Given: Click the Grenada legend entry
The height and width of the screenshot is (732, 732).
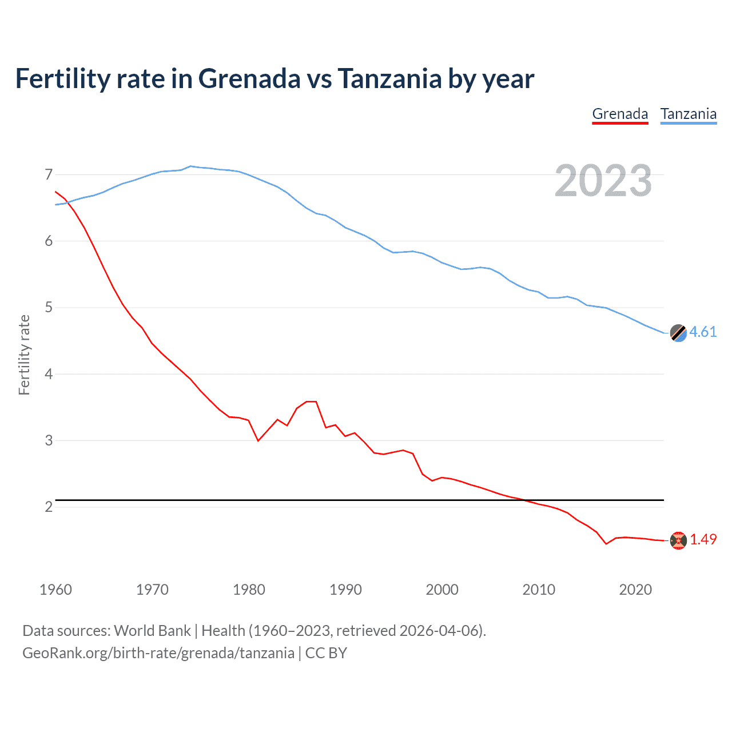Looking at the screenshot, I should [x=620, y=114].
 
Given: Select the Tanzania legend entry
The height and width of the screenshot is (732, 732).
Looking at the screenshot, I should [x=689, y=114].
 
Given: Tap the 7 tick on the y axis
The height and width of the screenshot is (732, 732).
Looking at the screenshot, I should [x=49, y=174].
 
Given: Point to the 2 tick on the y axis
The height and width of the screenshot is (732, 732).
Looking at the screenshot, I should [x=49, y=507].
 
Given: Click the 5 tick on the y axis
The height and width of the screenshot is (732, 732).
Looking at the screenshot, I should [x=49, y=308].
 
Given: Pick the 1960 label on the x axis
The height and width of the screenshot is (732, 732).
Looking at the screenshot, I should [x=55, y=590].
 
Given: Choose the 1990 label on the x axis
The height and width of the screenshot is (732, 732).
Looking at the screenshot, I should [x=345, y=590].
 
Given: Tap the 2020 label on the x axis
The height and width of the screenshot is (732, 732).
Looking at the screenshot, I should [x=635, y=590].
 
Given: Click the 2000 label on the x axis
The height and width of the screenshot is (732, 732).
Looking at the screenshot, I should [x=442, y=590].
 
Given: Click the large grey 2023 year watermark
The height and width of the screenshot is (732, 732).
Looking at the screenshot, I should [x=603, y=181].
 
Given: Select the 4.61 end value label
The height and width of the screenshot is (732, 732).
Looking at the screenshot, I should [x=703, y=332].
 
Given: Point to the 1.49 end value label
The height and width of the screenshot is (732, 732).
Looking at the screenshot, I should [x=703, y=539].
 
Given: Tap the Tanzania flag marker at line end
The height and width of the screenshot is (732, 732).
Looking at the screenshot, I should [x=678, y=333].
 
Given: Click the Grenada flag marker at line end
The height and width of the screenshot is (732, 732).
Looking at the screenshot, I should [x=678, y=540].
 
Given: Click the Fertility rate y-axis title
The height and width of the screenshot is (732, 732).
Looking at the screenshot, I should [x=24, y=355].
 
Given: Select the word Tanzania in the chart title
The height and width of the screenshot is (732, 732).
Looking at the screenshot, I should [x=389, y=79].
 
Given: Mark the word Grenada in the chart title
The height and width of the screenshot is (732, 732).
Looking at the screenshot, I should [x=249, y=79].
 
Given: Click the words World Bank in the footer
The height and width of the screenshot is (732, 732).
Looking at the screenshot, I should [x=152, y=631].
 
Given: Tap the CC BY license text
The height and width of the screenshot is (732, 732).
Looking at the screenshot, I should [x=326, y=653].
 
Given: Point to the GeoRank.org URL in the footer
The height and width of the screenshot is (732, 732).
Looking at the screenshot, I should [x=158, y=653].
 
